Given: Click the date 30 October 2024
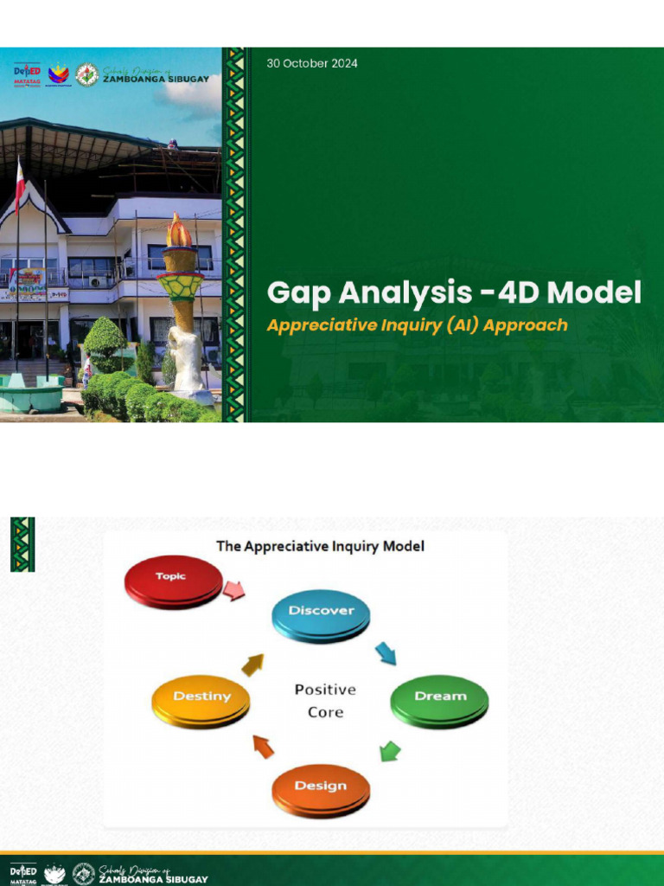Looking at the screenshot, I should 312,63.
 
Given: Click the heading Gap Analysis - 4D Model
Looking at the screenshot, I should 454,293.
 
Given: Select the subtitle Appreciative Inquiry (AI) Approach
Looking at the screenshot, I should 417,325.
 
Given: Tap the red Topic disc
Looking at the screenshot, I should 174,579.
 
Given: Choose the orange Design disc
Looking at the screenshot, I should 321,787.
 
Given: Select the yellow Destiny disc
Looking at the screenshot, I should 201,697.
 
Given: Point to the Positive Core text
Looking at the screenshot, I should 325,701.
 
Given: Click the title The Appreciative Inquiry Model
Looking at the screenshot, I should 320,547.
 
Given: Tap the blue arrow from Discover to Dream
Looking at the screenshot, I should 386,653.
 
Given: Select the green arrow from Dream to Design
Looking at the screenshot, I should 390,750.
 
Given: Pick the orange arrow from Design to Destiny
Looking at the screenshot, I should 263,746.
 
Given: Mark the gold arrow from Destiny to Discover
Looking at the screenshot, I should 252,664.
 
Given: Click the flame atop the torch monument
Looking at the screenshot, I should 179,231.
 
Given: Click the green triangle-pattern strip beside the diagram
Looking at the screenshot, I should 22,544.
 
